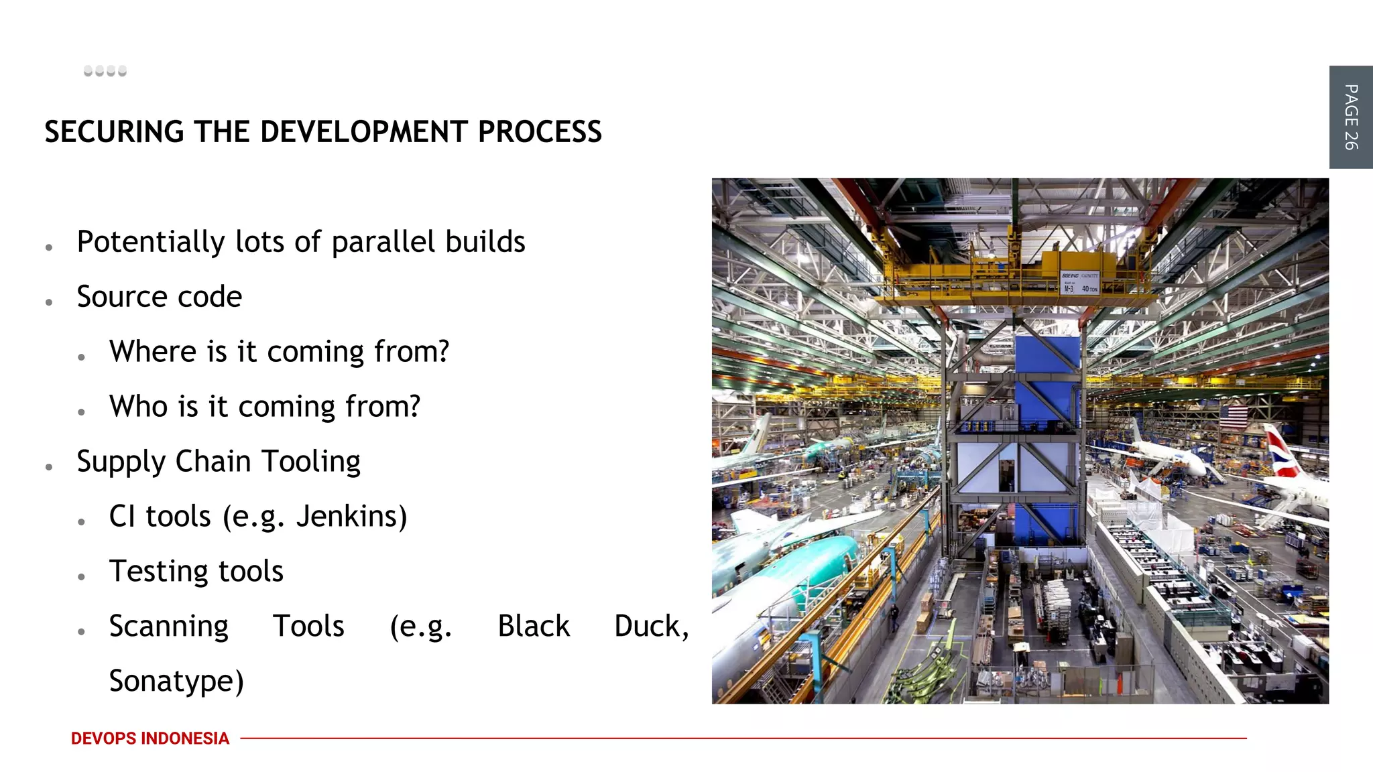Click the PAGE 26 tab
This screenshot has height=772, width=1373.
(1350, 117)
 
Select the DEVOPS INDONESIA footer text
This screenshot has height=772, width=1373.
(150, 738)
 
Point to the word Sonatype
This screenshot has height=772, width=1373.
(176, 682)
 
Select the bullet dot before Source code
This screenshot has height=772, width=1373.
(50, 303)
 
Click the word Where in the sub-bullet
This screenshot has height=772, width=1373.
(152, 352)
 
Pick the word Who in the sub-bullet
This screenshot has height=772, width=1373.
(138, 407)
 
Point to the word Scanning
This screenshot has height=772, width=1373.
(168, 627)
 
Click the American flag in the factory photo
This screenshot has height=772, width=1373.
(1233, 417)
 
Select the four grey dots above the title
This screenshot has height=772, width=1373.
(105, 71)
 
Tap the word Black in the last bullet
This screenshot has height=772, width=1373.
(533, 627)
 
